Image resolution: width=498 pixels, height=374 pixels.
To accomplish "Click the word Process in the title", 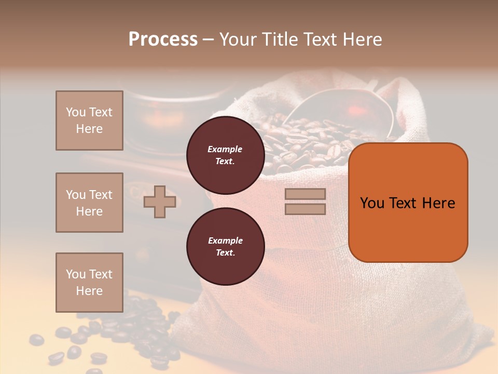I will tap(163, 39).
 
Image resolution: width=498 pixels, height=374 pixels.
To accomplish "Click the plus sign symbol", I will tap(159, 202).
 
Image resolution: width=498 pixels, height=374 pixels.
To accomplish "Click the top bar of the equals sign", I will tap(305, 194).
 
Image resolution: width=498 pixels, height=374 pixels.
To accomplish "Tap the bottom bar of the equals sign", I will tap(305, 209).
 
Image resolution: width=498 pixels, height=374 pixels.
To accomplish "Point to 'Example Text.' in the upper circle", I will tap(225, 155).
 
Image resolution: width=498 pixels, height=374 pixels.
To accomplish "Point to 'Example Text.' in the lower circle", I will tap(225, 247).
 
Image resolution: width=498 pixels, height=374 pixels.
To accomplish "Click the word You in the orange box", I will tap(372, 203).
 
